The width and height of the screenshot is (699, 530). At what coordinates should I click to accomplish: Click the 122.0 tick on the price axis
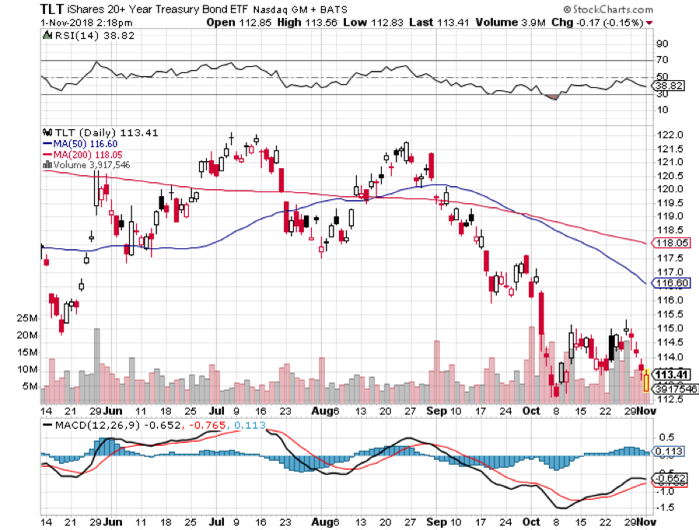click(666, 135)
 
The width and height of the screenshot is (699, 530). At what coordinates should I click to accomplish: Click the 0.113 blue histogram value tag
click(668, 451)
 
